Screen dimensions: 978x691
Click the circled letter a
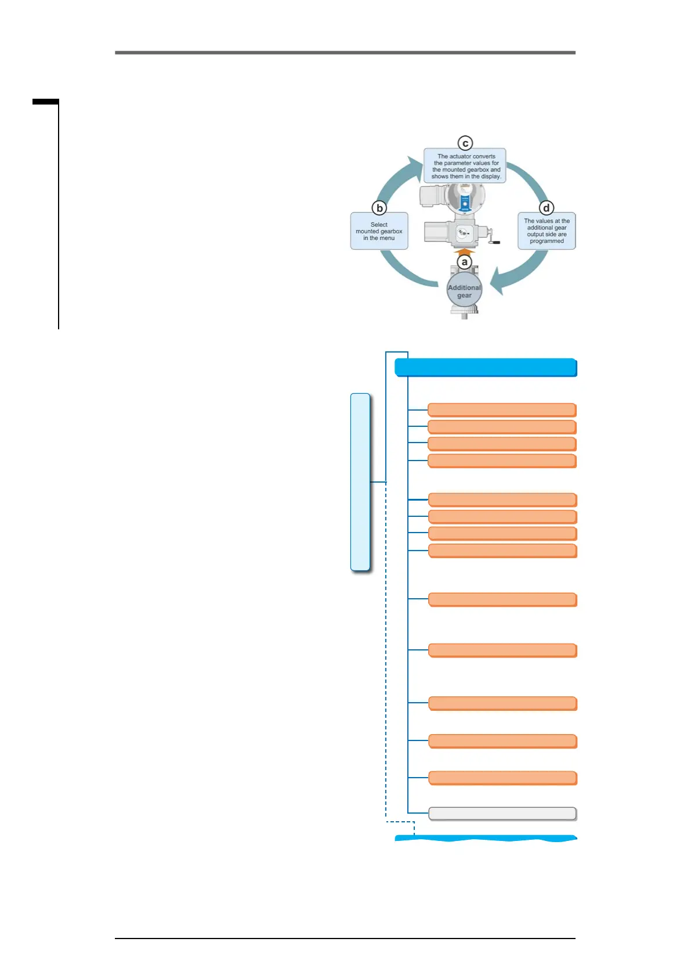pyautogui.click(x=464, y=262)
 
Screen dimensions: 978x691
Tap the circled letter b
pyautogui.click(x=379, y=208)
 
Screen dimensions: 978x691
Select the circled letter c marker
pyautogui.click(x=465, y=143)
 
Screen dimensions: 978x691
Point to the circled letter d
pyautogui.click(x=546, y=208)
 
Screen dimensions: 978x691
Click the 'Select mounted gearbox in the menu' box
pyautogui.click(x=379, y=231)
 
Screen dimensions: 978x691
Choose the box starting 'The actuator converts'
pyautogui.click(x=465, y=166)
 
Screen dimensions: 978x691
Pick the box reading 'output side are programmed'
pyautogui.click(x=547, y=231)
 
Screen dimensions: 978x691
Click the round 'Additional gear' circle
pyautogui.click(x=464, y=291)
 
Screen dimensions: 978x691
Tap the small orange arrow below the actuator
pyautogui.click(x=464, y=251)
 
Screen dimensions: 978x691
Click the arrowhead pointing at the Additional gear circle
pyautogui.click(x=497, y=282)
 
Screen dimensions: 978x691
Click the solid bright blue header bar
pyautogui.click(x=486, y=368)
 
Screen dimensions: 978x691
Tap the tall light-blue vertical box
pyautogui.click(x=360, y=482)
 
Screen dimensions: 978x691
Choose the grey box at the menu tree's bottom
pyautogui.click(x=502, y=814)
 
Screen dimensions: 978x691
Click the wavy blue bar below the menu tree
pyautogui.click(x=486, y=838)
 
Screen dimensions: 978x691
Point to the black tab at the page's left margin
pyautogui.click(x=45, y=102)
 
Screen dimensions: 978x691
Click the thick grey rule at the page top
pyautogui.click(x=345, y=53)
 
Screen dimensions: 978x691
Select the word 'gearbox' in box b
pyautogui.click(x=391, y=231)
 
